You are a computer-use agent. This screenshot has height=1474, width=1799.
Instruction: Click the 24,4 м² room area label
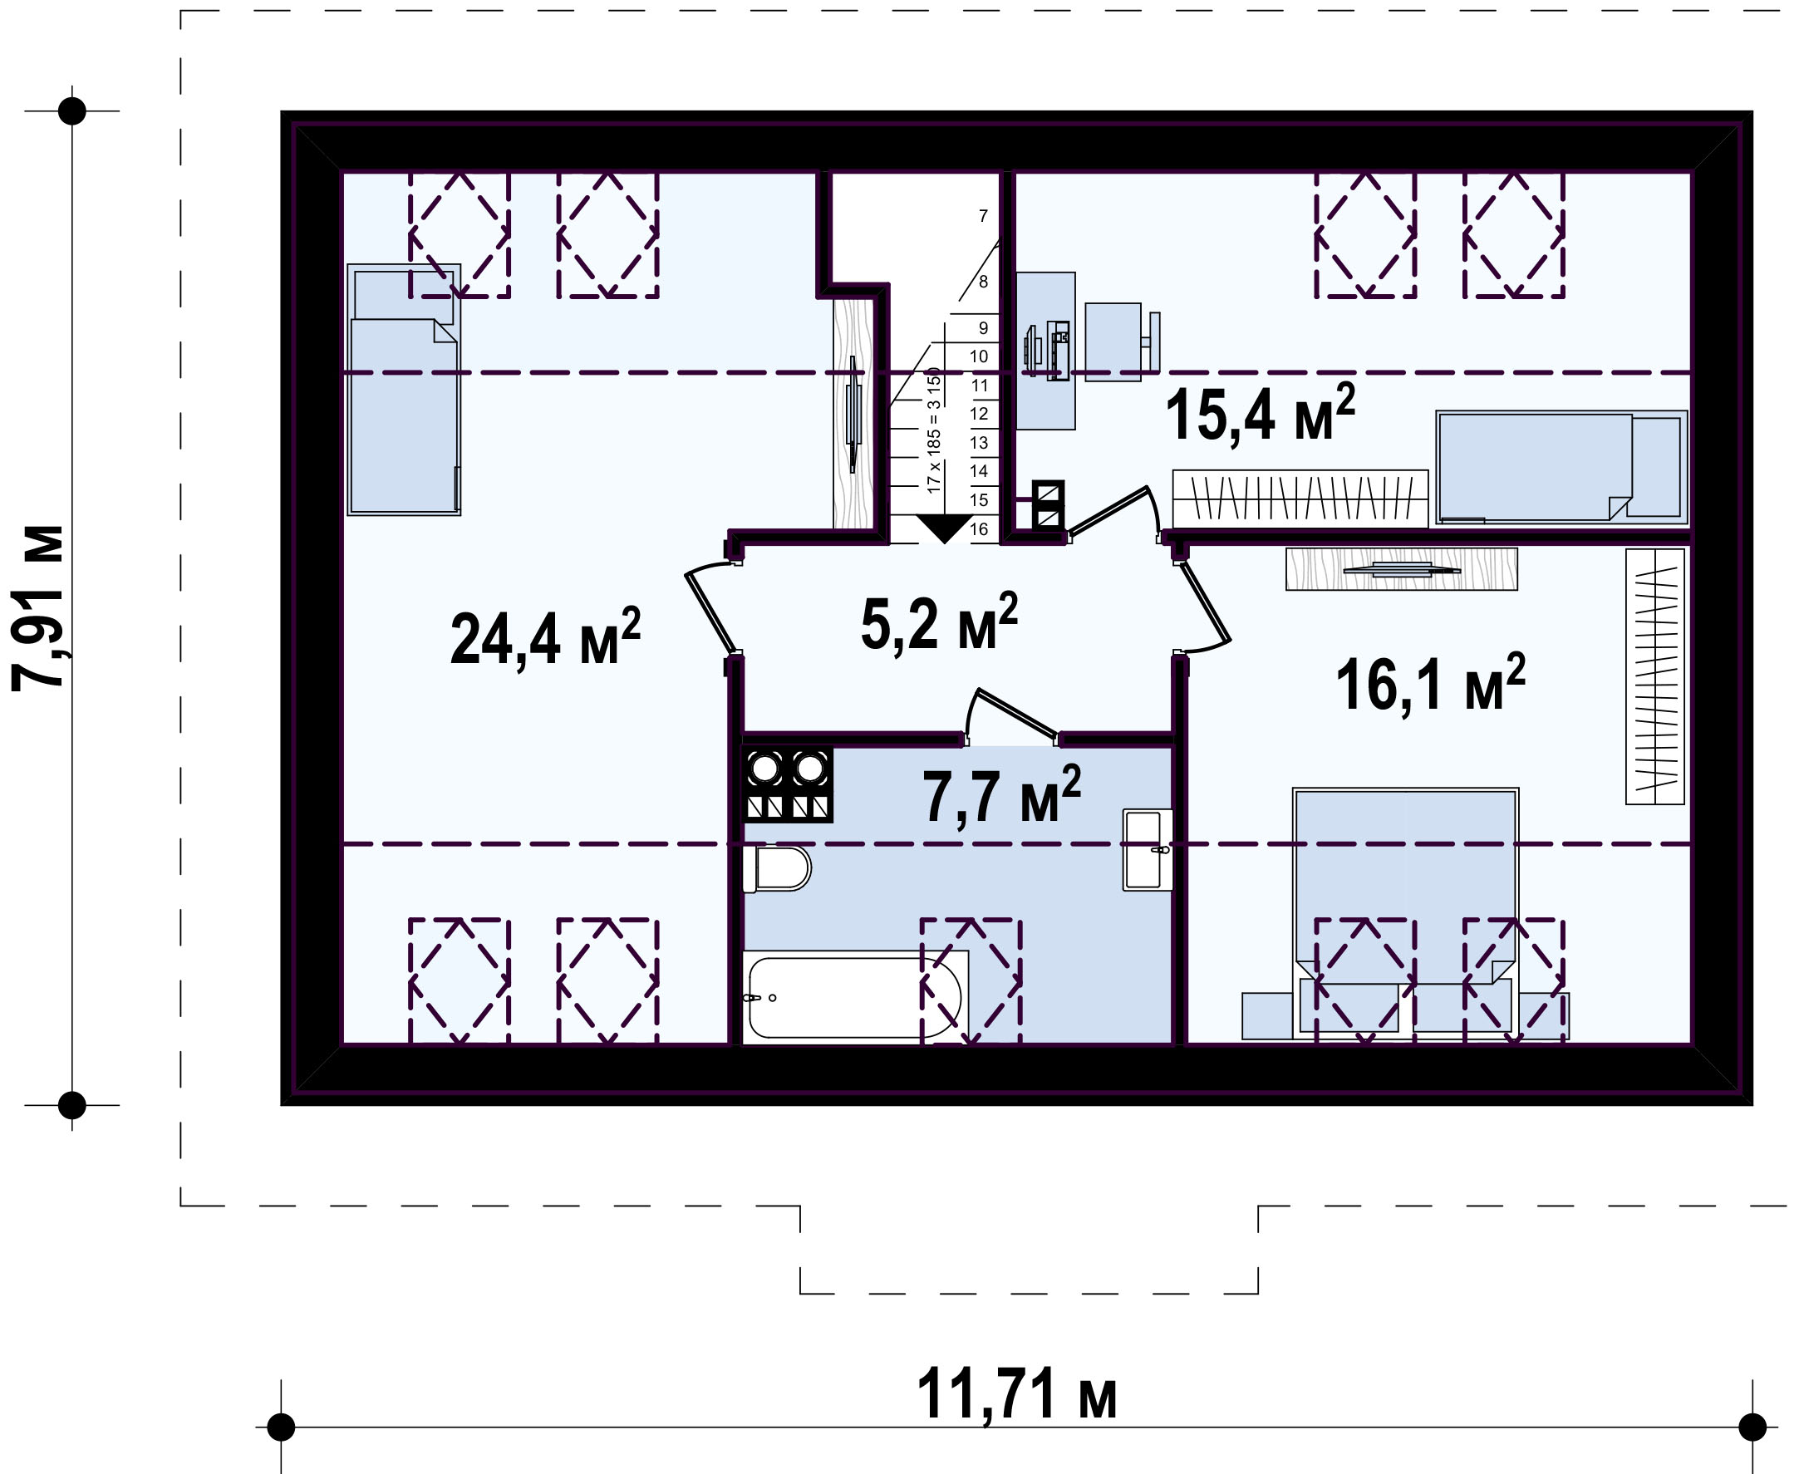click(x=545, y=637)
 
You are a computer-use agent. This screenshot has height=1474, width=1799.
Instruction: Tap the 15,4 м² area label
click(x=1260, y=413)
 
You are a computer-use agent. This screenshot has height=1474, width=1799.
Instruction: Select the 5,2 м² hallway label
click(x=939, y=622)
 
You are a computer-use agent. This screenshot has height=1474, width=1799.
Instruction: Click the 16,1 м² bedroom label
click(x=1431, y=683)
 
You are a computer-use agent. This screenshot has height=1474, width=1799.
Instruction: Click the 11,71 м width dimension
click(x=1016, y=1393)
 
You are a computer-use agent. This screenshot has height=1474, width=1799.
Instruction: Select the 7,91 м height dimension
click(x=38, y=608)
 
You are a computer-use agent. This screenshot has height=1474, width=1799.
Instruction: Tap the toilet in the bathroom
click(x=777, y=868)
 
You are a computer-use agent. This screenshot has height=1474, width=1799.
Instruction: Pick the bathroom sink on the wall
click(x=1147, y=849)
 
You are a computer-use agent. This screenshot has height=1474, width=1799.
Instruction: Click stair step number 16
click(x=979, y=529)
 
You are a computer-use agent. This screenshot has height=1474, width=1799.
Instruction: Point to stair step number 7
click(x=983, y=216)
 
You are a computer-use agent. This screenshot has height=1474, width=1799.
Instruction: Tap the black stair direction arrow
click(x=945, y=528)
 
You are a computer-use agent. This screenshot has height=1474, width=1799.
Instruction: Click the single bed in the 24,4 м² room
click(x=404, y=389)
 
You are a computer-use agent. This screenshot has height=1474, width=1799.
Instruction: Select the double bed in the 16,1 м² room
click(x=1405, y=913)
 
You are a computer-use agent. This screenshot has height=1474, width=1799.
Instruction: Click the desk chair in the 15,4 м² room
click(x=1122, y=342)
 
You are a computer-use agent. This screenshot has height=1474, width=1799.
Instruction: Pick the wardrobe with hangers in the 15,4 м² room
click(x=1300, y=499)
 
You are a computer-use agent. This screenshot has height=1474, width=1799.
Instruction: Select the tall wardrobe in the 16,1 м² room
click(x=1654, y=676)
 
